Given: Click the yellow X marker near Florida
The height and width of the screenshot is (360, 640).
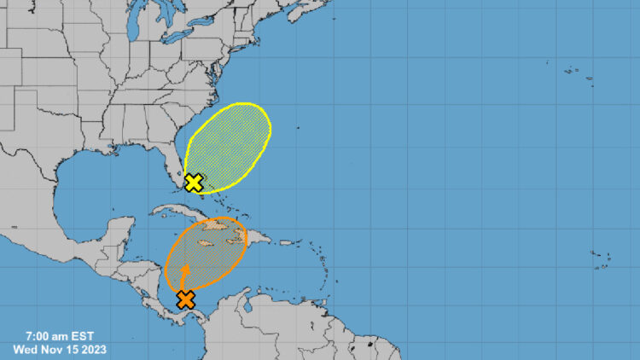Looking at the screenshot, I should coord(194,183).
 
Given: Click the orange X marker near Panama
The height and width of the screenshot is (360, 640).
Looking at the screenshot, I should coord(185,299).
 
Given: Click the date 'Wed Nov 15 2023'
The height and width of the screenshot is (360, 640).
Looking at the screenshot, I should coord(59,349).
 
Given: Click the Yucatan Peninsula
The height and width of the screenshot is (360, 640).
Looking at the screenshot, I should coord(120,232).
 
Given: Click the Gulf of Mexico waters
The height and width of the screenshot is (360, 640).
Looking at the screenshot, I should coord(102,183).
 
